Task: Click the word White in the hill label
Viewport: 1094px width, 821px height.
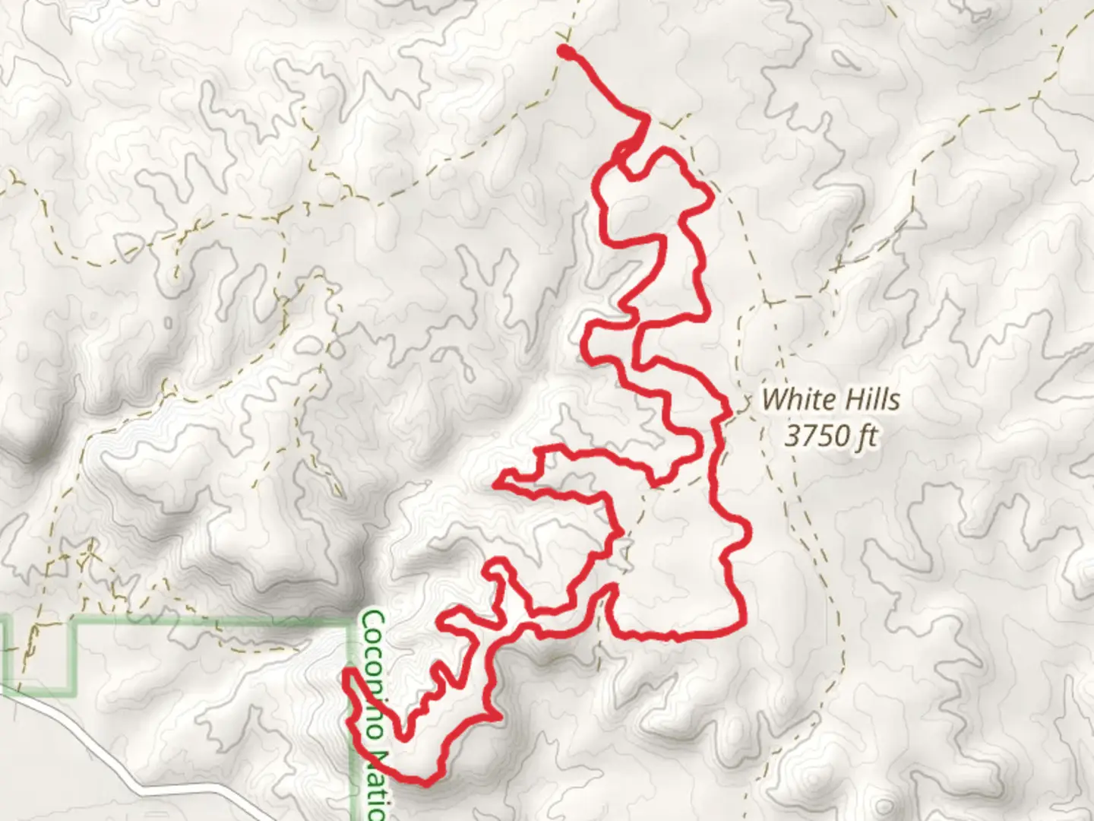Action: point(794,399)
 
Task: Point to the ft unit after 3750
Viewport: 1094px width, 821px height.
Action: point(867,436)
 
